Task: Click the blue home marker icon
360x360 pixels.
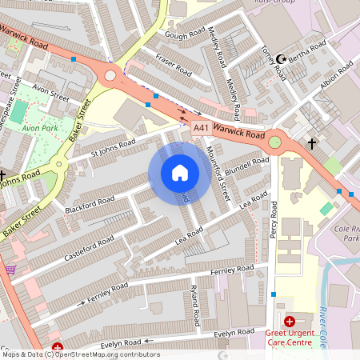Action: click(x=179, y=173)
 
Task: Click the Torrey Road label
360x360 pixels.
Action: click(x=274, y=62)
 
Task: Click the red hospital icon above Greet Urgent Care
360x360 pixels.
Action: click(x=289, y=320)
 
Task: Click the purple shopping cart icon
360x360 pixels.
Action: click(x=10, y=270)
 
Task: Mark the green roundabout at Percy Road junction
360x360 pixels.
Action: click(x=275, y=142)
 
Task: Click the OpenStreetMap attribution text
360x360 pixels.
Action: click(x=81, y=354)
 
